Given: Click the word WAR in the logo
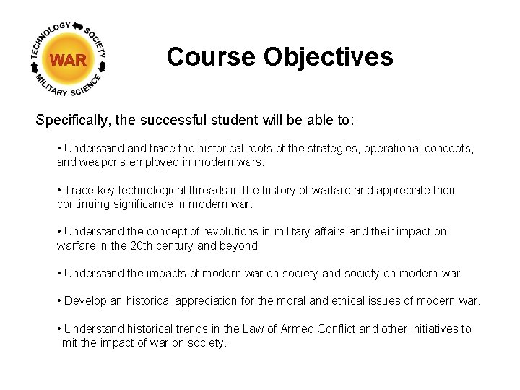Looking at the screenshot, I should tap(69, 60).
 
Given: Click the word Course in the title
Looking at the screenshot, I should tap(211, 56).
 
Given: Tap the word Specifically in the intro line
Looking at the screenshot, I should tap(71, 119).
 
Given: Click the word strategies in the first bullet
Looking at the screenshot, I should tap(329, 148).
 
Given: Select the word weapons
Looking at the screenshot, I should tap(105, 162).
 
